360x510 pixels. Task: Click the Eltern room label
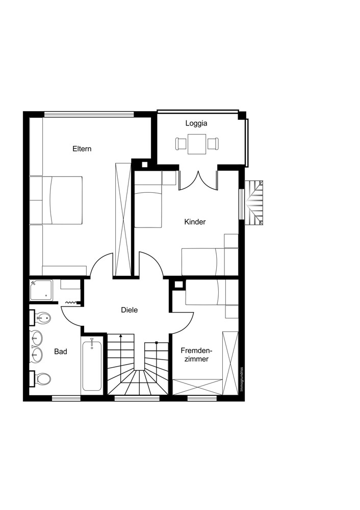pos(82,149)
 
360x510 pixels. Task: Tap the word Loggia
pos(196,123)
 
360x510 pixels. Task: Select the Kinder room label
pos(195,222)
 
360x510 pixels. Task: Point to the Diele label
pos(129,310)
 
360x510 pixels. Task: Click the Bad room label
pos(61,351)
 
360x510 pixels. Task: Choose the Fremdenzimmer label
pos(196,355)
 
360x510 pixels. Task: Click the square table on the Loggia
pos(197,144)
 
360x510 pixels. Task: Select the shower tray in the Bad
pos(41,291)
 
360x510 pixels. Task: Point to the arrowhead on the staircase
pos(121,336)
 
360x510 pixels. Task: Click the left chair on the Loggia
pos(181,144)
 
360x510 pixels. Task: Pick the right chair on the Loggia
pos(213,144)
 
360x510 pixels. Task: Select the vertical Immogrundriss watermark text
pos(242,379)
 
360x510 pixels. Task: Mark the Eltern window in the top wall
pos(89,114)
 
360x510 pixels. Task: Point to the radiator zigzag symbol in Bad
pos(72,302)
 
